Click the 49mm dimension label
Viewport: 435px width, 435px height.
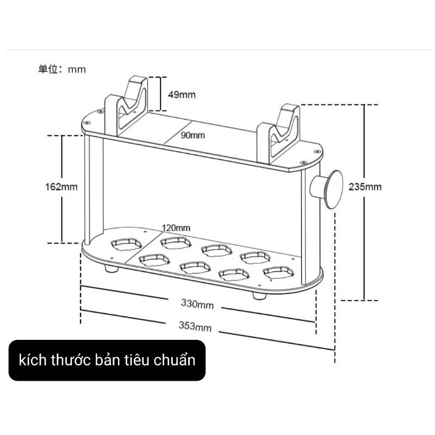click(x=182, y=94)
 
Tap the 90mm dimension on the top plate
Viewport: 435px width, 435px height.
click(x=193, y=135)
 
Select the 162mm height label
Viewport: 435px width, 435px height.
click(x=61, y=187)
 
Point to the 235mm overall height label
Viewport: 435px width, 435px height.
click(x=366, y=187)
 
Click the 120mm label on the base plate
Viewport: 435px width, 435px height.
click(x=176, y=227)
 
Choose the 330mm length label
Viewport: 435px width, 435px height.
click(x=197, y=304)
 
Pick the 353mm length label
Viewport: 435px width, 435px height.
click(x=195, y=326)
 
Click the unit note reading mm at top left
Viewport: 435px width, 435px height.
click(x=62, y=69)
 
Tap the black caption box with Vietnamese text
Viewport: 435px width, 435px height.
click(x=107, y=360)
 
